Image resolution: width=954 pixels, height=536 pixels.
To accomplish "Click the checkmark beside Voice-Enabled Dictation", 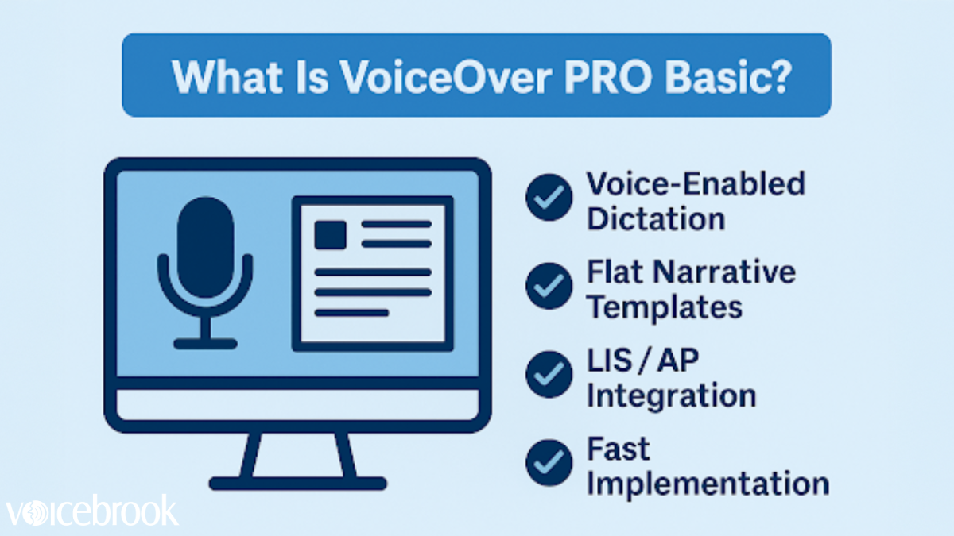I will (549, 199).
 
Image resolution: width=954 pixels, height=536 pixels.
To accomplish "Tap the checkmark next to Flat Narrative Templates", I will (549, 286).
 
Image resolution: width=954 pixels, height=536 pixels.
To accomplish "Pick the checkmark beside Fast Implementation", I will (549, 463).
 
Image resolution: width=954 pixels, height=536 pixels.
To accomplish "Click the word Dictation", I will (655, 218).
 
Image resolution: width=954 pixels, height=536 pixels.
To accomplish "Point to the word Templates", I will (665, 307).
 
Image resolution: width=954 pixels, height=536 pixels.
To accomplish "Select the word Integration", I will (671, 395).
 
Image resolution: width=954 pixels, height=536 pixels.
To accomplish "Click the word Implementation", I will (708, 483).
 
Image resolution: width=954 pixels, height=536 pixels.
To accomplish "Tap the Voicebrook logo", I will (91, 511).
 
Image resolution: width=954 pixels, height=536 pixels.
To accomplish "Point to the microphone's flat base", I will (205, 343).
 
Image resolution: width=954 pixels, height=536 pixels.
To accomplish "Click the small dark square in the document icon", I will (330, 234).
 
